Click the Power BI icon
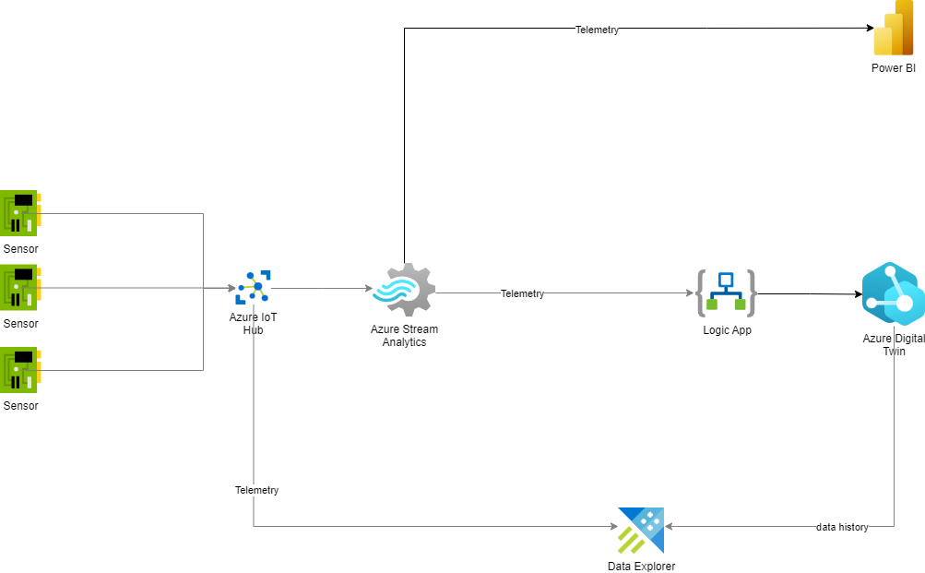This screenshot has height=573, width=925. point(893,30)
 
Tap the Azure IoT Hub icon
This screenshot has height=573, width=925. point(254,288)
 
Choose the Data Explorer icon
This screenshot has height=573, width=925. point(641,530)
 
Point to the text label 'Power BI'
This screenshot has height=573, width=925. point(893,68)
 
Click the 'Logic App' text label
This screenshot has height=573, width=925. point(727,330)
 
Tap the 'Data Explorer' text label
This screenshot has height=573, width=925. point(641,567)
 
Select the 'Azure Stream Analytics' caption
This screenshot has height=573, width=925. point(404,336)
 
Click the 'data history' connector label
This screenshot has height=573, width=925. point(842,527)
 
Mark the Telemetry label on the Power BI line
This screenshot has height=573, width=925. point(597,30)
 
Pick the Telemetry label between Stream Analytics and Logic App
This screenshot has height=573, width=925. point(522,293)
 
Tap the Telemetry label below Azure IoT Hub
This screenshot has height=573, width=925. point(256,490)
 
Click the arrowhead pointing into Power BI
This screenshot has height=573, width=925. point(868,29)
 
